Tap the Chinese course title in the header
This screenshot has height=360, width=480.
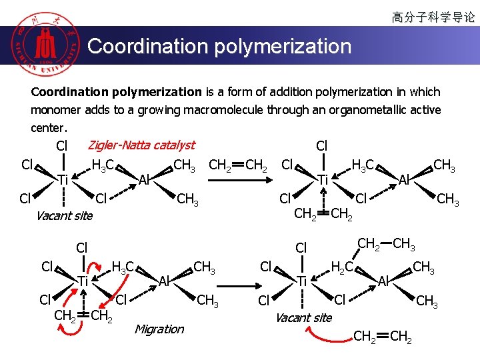tap(433, 17)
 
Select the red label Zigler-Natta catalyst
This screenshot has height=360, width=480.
tap(141, 145)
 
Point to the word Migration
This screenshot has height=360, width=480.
tap(159, 329)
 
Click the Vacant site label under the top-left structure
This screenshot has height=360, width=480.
tap(64, 215)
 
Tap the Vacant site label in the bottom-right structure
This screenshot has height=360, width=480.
tap(303, 317)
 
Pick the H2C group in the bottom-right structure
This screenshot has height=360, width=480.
tap(343, 268)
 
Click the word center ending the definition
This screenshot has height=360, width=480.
tap(48, 127)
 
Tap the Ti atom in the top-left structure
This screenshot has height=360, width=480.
tap(63, 179)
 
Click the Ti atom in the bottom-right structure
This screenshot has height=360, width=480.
tap(301, 282)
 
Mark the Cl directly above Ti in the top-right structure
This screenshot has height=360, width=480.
tap(321, 145)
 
